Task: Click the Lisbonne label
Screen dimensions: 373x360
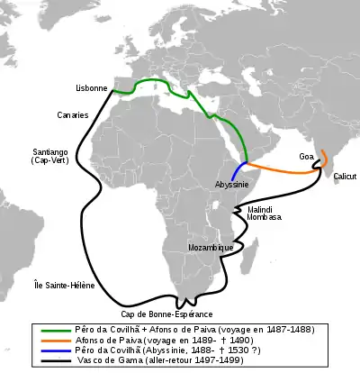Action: pos(93,89)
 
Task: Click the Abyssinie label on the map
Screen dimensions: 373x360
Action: pos(231,183)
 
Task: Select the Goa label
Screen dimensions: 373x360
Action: pos(307,156)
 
